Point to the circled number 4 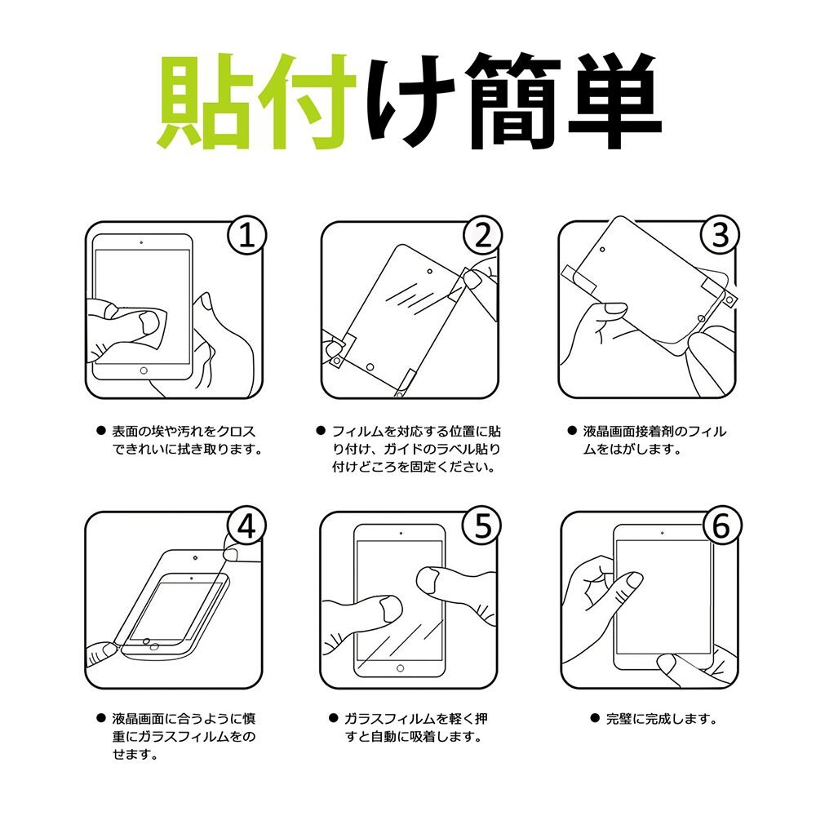(x=246, y=526)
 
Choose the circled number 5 (x=483, y=526)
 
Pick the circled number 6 (x=721, y=526)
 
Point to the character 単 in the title (x=614, y=100)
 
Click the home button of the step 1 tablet (x=144, y=370)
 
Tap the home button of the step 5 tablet (x=400, y=668)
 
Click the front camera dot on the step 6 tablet (x=662, y=533)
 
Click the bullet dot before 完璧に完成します (x=595, y=718)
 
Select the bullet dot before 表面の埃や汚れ (x=101, y=430)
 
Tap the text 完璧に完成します (x=662, y=719)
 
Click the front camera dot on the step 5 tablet (x=401, y=533)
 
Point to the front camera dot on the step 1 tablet (x=141, y=242)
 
